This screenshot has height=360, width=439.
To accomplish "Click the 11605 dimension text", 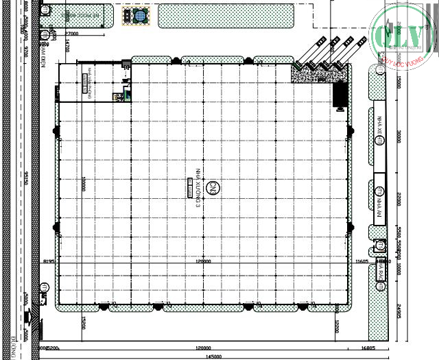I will (x=362, y=261).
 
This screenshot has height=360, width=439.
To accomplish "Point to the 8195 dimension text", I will (x=48, y=261).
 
